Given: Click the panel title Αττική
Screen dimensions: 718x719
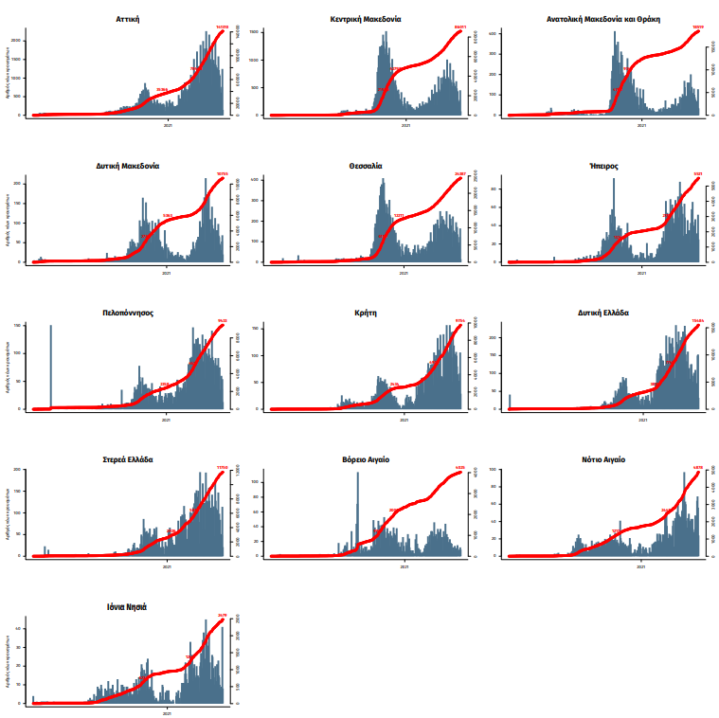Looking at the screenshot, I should click(x=130, y=18).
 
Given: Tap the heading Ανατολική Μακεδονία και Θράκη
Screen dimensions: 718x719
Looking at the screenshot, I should click(x=603, y=18).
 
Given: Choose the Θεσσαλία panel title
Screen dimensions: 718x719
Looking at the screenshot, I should click(x=366, y=165).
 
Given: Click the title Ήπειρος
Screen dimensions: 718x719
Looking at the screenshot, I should click(x=603, y=165).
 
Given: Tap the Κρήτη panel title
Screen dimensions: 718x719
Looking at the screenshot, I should click(x=366, y=312).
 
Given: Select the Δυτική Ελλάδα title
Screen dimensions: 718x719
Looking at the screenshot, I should click(x=603, y=312).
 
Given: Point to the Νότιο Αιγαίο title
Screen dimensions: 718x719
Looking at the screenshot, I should click(x=603, y=459).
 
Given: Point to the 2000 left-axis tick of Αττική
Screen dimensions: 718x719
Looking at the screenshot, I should click(x=19, y=40).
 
